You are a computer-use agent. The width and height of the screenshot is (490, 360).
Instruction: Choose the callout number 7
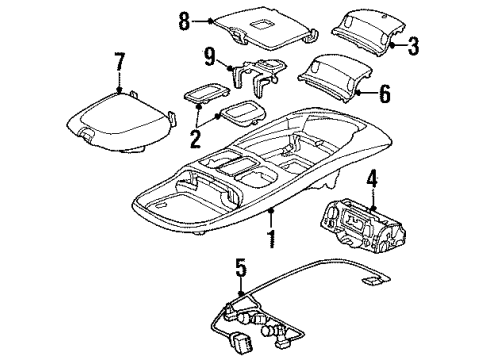[x=119, y=62]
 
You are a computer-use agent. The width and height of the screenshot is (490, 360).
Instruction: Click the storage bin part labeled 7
[x=120, y=118]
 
